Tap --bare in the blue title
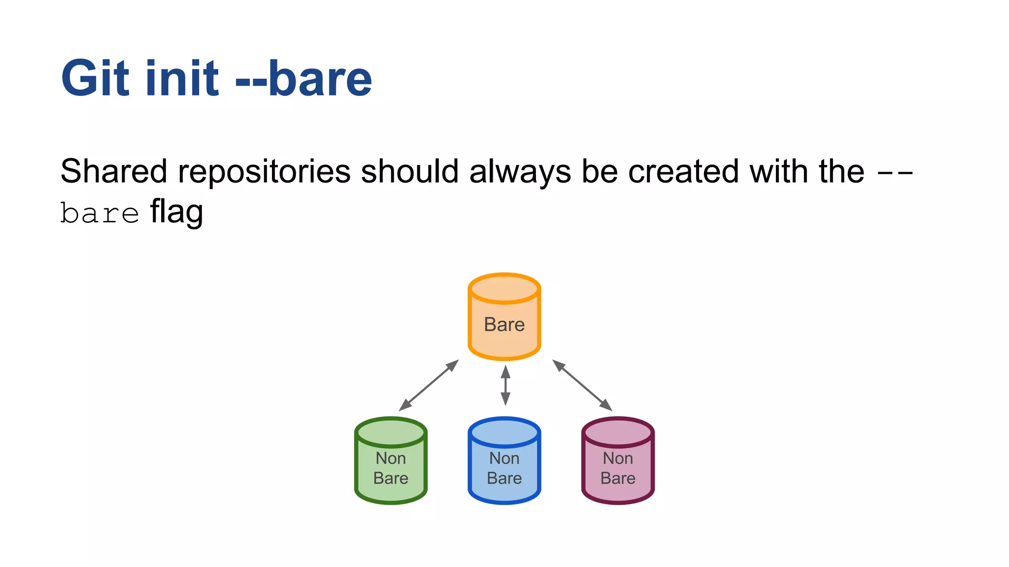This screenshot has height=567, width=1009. tap(303, 79)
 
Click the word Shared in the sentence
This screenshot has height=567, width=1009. tap(114, 172)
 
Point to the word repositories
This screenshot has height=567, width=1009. tap(264, 172)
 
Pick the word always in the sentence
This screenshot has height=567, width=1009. tap(520, 172)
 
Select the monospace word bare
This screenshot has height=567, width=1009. tap(99, 214)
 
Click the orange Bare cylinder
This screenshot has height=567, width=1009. tap(504, 316)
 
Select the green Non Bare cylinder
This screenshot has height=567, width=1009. tap(391, 461)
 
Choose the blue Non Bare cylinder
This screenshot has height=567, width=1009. tap(504, 461)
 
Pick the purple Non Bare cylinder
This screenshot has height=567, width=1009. tap(618, 461)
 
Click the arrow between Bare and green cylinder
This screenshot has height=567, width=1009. tap(429, 385)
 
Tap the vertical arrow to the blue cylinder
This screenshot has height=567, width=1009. tap(505, 385)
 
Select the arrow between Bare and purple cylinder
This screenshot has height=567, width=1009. tap(582, 385)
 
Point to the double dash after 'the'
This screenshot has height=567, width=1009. tap(895, 173)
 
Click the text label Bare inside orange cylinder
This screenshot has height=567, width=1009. tap(504, 325)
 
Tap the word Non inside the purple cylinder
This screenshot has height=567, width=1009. tap(618, 458)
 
